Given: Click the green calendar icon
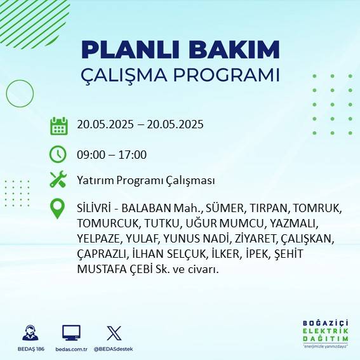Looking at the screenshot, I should (x=58, y=125).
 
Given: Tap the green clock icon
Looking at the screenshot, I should (x=58, y=154).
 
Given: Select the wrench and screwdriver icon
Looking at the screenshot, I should (x=58, y=180).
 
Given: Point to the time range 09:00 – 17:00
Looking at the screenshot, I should (x=112, y=154).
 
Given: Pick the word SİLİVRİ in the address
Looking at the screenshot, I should (x=95, y=208).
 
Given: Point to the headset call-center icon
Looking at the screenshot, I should (x=30, y=332).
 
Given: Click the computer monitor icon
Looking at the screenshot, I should (x=71, y=332).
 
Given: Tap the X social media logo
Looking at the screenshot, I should (x=114, y=332).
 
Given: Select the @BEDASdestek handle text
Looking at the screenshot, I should (x=114, y=349).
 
